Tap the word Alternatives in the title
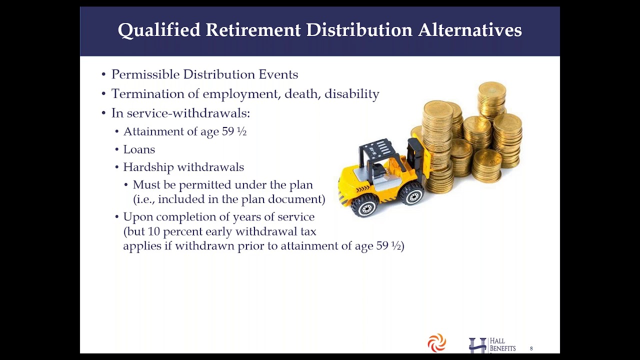tap(470, 29)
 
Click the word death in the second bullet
tap(302, 93)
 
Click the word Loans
tap(139, 149)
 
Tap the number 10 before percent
tap(153, 231)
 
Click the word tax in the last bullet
tap(308, 231)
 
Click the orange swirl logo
tap(437, 343)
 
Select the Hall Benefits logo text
tap(502, 345)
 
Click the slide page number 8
tap(531, 348)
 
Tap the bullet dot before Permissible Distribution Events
tap(103, 75)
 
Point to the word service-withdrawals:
tap(188, 113)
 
